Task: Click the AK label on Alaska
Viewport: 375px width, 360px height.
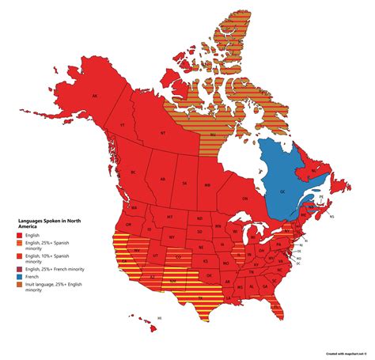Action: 95,97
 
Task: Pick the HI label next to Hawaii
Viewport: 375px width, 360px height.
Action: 159,317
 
